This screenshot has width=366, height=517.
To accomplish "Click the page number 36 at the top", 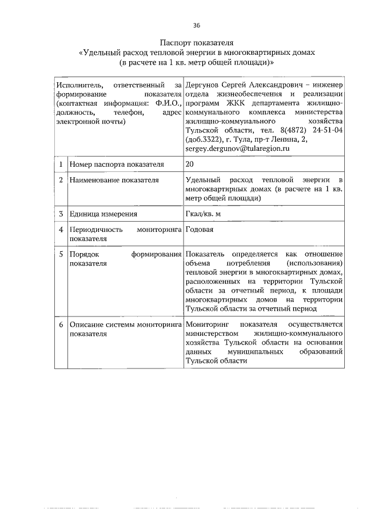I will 197,25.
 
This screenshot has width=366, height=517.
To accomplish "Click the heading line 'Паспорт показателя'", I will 197,42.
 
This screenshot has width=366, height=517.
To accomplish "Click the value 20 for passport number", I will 190,164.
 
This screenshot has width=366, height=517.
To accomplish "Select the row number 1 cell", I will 61,164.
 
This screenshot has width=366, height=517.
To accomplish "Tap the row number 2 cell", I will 61,180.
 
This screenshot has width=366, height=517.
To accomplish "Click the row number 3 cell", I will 61,214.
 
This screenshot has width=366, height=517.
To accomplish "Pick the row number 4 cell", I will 61,230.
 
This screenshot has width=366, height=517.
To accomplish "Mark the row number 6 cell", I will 61,324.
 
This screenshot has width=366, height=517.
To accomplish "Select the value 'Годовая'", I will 200,230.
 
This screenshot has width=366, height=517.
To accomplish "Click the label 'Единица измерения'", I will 103,214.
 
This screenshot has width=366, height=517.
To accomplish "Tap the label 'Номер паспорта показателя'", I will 117,164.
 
